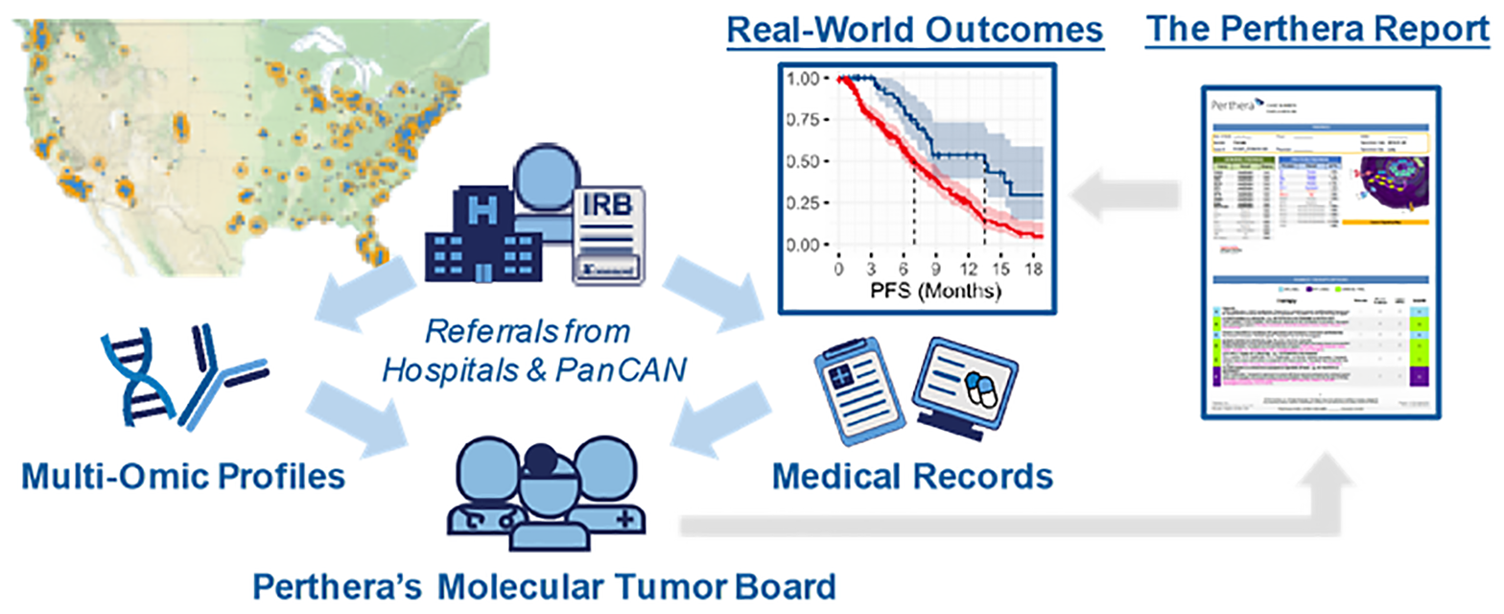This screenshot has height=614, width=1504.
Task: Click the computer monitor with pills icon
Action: click(960, 384)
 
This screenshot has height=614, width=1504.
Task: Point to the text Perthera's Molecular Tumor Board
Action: click(544, 584)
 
